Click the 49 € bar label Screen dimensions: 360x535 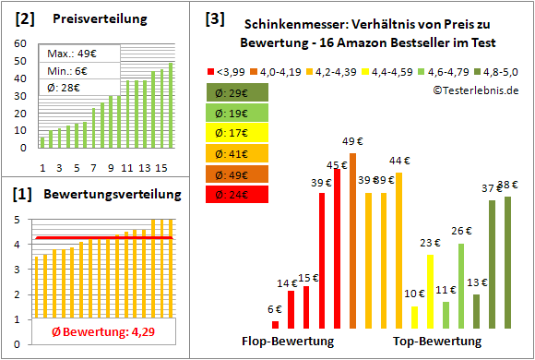point(353,141)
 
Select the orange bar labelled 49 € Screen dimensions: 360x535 point(353,240)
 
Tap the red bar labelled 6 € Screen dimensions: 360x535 point(275,324)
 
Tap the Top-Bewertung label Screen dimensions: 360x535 point(437,341)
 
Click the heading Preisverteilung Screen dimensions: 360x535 point(91,19)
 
